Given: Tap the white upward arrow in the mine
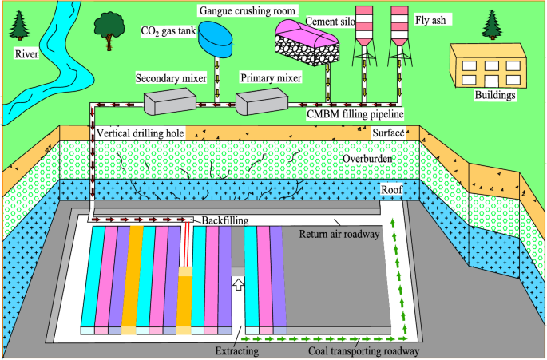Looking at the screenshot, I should click(237, 283).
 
